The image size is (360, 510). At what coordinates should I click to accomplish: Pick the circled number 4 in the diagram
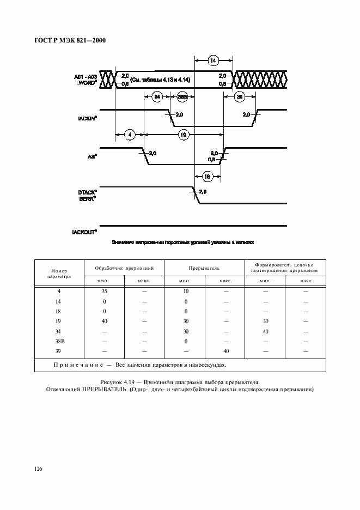click(x=129, y=134)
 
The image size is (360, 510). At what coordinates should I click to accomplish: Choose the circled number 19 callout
click(x=184, y=134)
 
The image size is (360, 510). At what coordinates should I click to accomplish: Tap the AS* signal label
click(x=92, y=156)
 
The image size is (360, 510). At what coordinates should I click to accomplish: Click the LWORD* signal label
click(x=86, y=83)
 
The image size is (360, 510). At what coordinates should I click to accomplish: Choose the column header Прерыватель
click(x=204, y=269)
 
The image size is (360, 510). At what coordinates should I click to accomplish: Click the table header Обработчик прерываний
click(x=124, y=269)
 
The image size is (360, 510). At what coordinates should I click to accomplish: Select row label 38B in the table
click(x=58, y=341)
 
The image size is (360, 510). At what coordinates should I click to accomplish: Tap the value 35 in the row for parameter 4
click(x=105, y=292)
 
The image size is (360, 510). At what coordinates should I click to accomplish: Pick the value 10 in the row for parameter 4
click(x=185, y=292)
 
